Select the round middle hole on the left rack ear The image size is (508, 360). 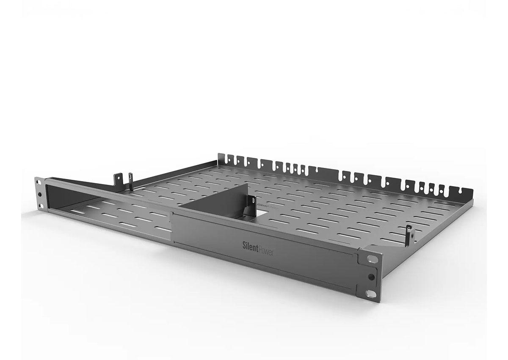point(40,195)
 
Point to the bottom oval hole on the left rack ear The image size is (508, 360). point(40,206)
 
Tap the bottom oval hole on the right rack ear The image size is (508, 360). point(370,294)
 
